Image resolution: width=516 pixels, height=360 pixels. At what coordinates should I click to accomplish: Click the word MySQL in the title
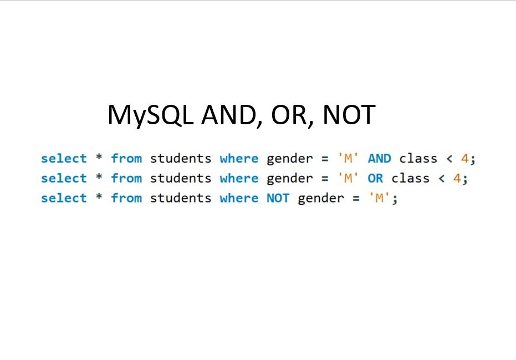pos(150,115)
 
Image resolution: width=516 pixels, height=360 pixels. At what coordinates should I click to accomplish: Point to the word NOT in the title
pos(349,114)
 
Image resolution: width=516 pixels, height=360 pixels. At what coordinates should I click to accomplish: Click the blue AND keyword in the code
pos(380,159)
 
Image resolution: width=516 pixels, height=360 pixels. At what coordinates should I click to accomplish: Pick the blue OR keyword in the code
pos(375,178)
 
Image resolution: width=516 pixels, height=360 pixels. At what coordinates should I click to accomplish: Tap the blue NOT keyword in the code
pos(278,198)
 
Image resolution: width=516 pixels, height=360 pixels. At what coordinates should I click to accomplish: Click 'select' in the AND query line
pos(64,158)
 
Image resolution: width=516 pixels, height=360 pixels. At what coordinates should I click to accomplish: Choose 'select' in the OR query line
pos(64,178)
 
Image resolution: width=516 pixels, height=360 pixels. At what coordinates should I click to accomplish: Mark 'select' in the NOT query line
pos(64,197)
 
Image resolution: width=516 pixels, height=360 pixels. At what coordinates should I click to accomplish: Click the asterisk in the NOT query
pos(99,196)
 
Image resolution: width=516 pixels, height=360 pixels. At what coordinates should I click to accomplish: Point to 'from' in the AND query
pos(126,158)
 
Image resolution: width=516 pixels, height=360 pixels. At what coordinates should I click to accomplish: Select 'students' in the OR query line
pos(181,178)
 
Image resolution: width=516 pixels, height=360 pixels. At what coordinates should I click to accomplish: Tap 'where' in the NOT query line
pos(239,197)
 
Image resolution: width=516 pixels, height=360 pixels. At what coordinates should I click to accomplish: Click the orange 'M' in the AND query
pos(348,159)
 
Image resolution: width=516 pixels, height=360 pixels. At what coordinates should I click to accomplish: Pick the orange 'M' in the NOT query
pos(380,198)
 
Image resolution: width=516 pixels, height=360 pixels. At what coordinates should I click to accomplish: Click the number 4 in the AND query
pos(464,159)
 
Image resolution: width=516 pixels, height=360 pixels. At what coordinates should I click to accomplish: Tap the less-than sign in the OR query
pos(442,179)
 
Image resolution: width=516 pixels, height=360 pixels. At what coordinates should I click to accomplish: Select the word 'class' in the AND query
pos(418,158)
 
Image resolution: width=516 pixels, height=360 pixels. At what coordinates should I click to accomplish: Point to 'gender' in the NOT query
pos(321,199)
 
